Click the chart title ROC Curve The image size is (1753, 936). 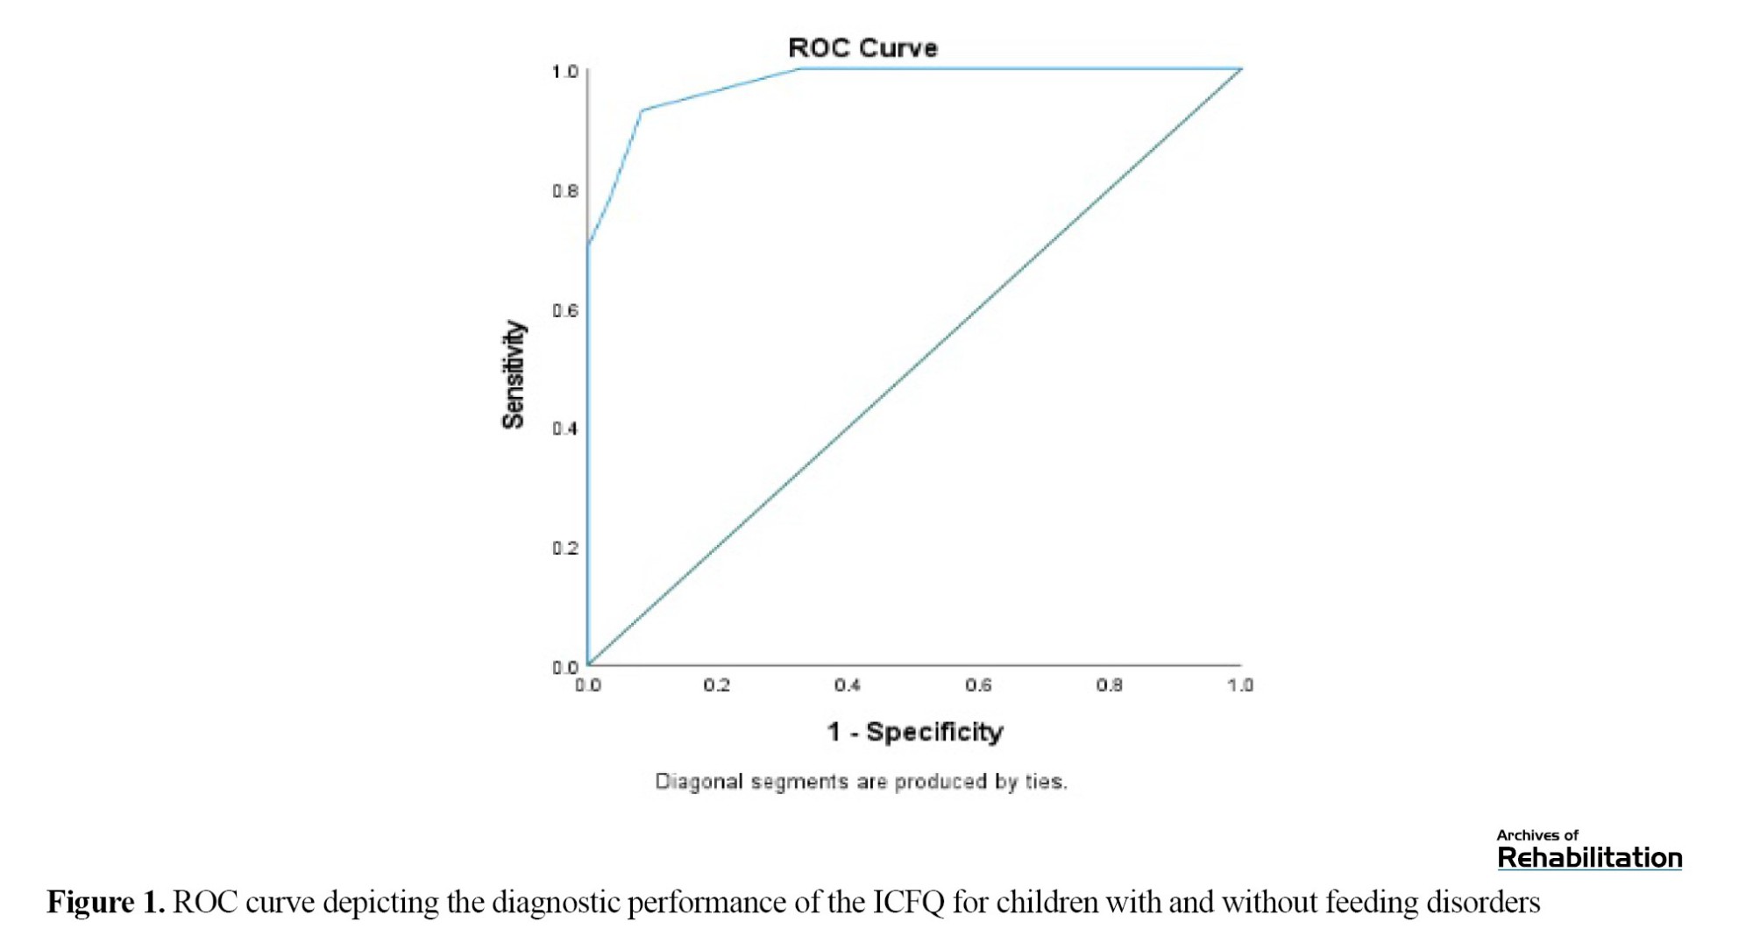point(862,48)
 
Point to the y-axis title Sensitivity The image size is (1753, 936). point(514,374)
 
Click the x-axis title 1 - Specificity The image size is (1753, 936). point(914,732)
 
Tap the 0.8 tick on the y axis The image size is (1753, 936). point(565,191)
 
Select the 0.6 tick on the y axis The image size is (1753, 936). point(565,311)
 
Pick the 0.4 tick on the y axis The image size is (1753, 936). point(565,429)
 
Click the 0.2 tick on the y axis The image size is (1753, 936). point(565,549)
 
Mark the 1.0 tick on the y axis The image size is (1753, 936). point(565,72)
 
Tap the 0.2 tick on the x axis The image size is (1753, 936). point(717,685)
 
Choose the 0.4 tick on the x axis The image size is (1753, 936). point(848,685)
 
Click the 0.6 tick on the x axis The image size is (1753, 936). point(978,685)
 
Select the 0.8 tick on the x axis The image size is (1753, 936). point(1109,685)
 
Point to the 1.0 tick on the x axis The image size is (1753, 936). point(1239,685)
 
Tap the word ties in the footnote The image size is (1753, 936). point(1045,782)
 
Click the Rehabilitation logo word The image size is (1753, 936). point(1589,858)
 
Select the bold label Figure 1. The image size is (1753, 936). point(105,902)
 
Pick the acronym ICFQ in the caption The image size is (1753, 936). point(908,902)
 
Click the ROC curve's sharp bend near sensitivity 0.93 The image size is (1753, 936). point(642,110)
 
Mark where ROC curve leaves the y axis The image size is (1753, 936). point(588,245)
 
